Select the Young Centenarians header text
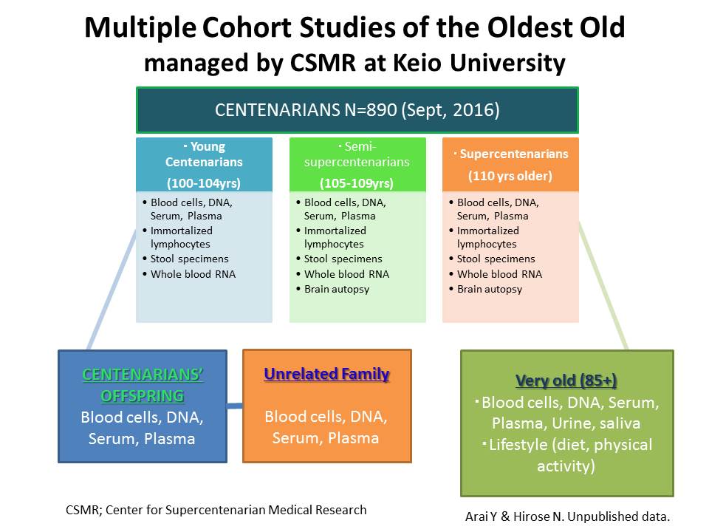(204, 154)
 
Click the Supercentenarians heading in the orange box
(513, 154)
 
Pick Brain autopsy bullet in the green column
(337, 289)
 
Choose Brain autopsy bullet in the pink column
(490, 289)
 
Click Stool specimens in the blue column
(189, 259)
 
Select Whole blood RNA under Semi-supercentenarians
(346, 274)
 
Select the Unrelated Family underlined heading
(326, 375)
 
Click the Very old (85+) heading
(566, 381)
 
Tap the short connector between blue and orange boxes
(235, 406)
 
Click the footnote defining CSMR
(215, 510)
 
